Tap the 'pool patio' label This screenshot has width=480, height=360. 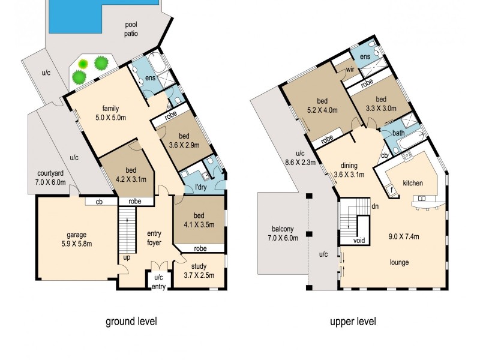point(131,29)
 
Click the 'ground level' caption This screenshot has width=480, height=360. point(131,322)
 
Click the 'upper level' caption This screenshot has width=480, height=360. point(353,322)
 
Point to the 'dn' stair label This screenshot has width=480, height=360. point(375,206)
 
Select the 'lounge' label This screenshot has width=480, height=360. point(398,262)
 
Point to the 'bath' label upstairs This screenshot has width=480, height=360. point(398,133)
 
